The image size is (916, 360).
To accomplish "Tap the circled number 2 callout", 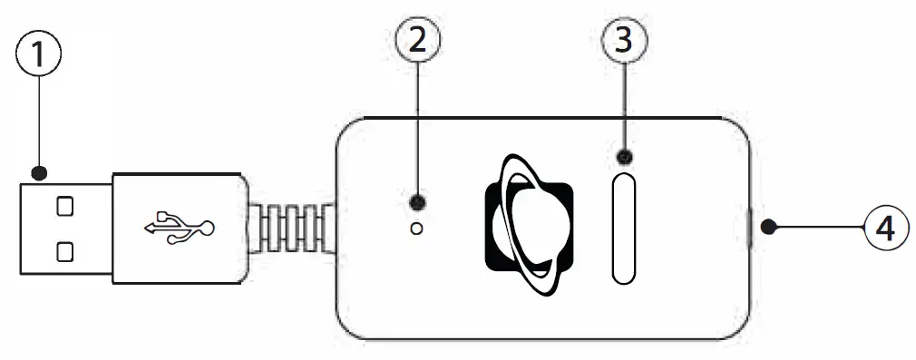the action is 418,40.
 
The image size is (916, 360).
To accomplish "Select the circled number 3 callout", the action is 625,40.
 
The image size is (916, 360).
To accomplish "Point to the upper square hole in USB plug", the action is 64,207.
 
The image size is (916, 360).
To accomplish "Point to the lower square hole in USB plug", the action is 64,248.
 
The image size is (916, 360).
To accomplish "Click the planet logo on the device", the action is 530,228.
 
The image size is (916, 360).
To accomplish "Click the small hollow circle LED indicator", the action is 417,229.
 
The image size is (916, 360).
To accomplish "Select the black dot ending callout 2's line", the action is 417,201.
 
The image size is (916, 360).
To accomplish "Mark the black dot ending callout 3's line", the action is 625,157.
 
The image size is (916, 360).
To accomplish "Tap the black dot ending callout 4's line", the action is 767,227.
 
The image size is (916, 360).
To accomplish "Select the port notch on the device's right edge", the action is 749,228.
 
